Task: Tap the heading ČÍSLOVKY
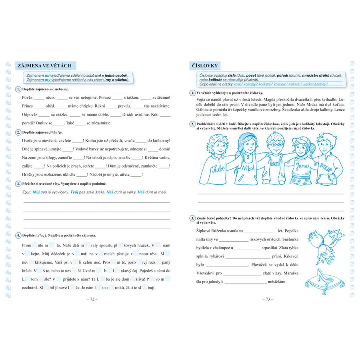pos(204,66)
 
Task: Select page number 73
pos(267,299)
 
